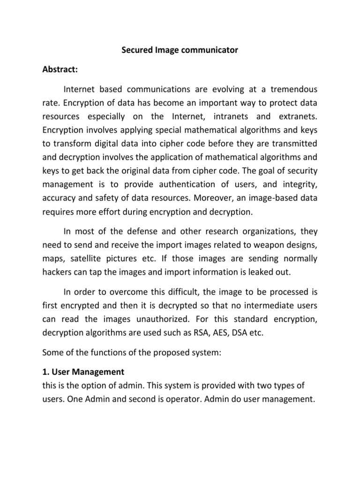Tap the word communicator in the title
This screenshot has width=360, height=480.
click(209, 51)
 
